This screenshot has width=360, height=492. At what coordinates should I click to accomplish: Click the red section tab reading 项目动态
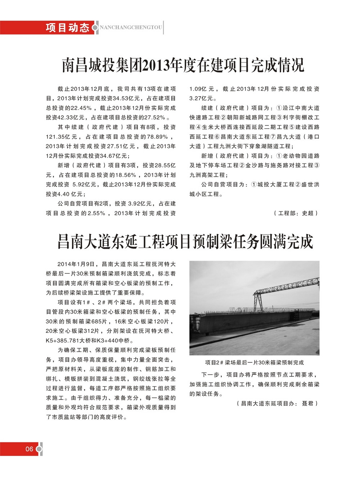tap(67, 28)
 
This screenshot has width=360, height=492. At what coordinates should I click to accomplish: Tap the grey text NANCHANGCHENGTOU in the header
tap(131, 28)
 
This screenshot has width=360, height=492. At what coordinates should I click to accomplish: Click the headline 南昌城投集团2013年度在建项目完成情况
tap(183, 65)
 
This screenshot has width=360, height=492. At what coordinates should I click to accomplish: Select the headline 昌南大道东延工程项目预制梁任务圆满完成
tap(185, 242)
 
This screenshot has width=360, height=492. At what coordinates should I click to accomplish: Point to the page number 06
tap(29, 449)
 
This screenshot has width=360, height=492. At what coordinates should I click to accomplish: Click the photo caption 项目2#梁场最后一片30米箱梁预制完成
tap(254, 362)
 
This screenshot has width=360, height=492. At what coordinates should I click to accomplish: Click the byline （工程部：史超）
tap(296, 213)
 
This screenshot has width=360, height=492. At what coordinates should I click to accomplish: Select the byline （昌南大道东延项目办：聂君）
tap(277, 403)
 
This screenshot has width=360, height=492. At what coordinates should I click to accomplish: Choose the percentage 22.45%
tap(81, 108)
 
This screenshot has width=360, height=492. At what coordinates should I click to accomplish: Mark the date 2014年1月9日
tap(76, 264)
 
